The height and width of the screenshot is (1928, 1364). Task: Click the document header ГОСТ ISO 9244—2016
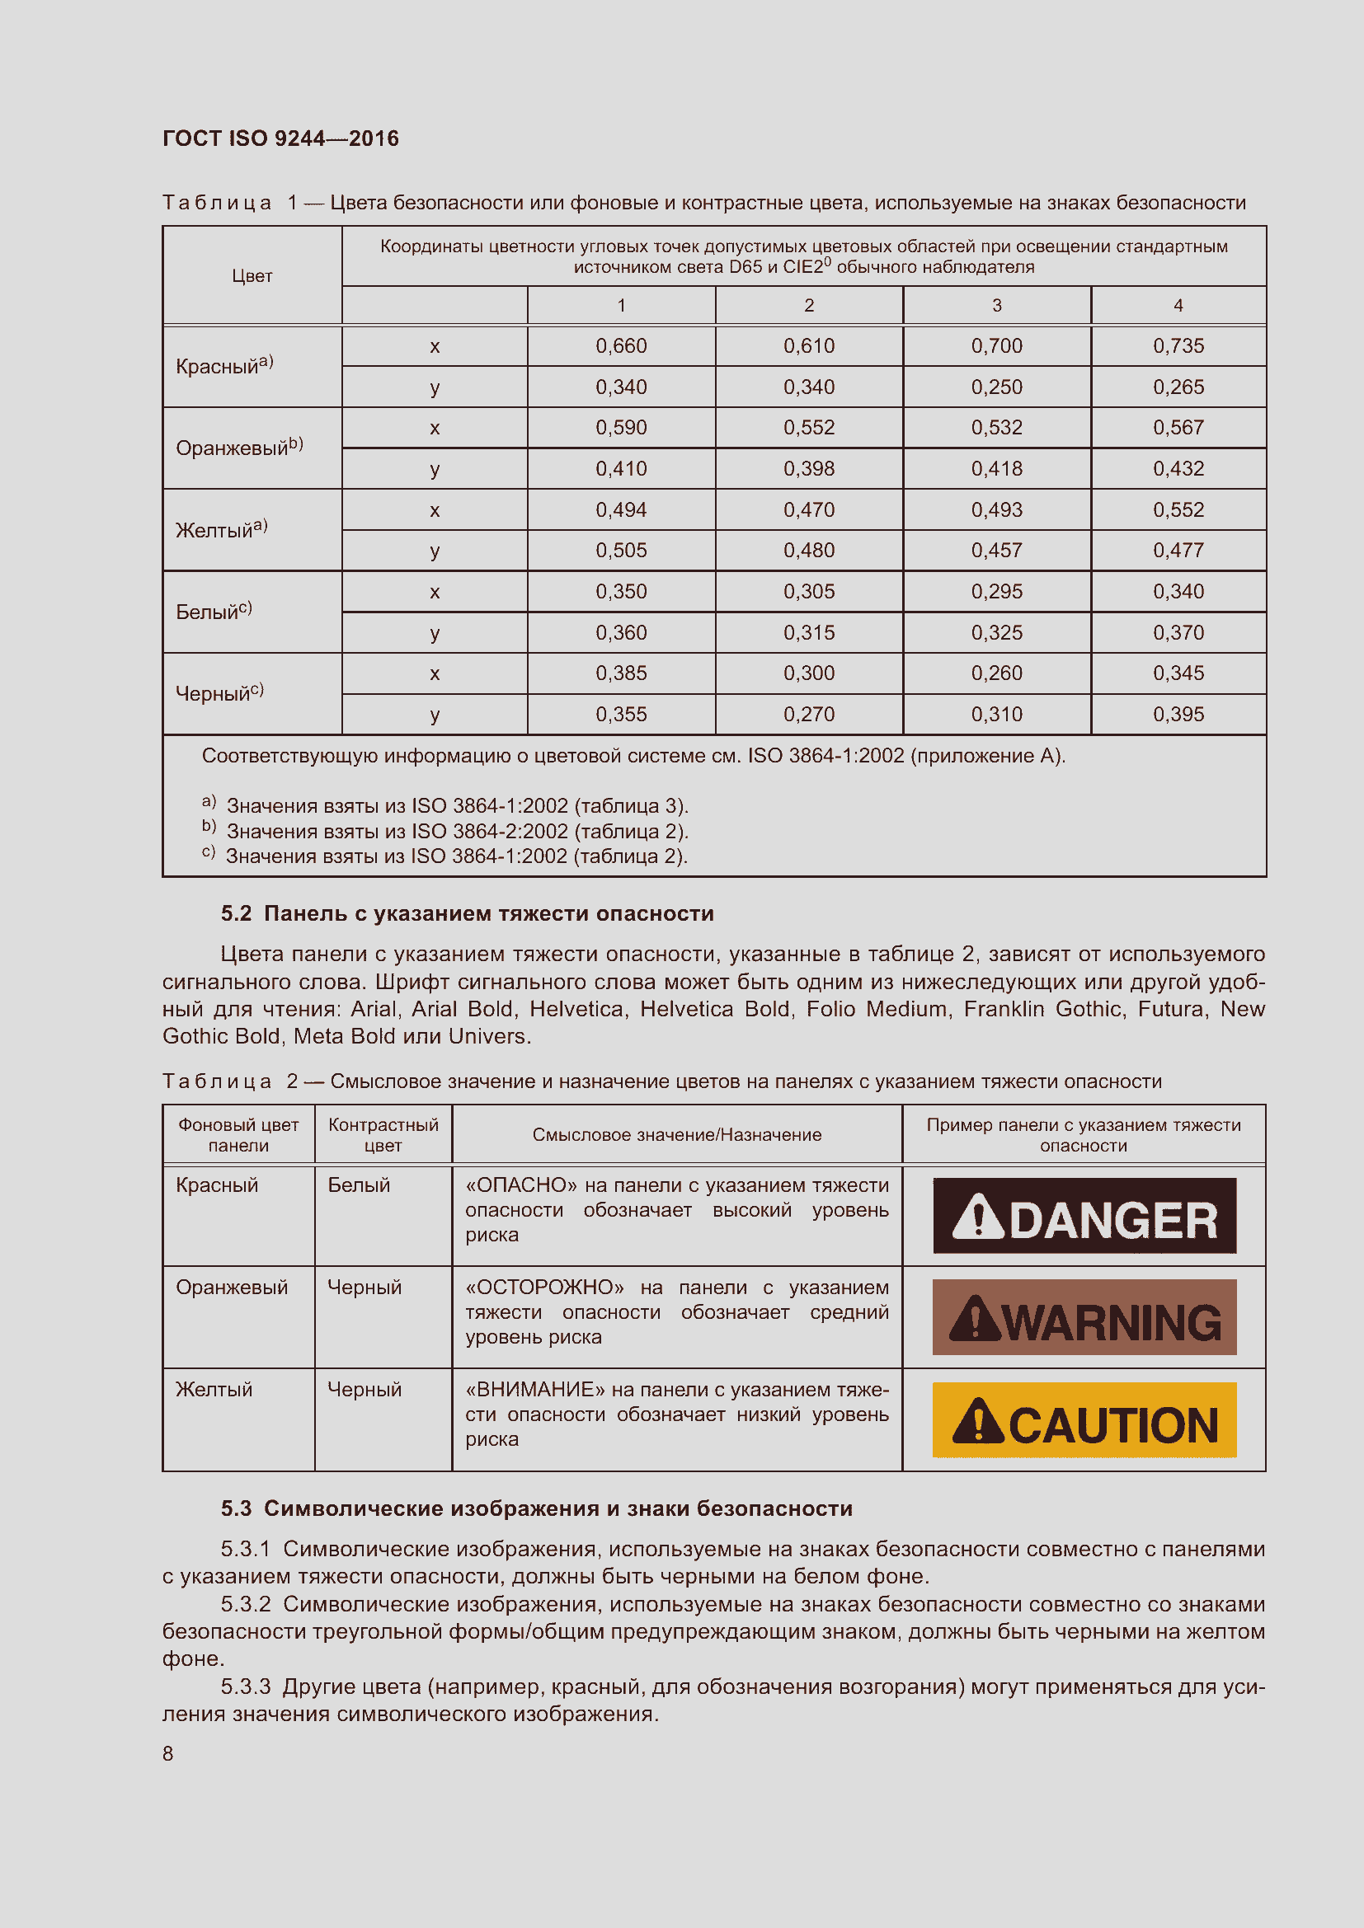(280, 138)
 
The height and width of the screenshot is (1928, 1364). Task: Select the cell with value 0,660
(621, 346)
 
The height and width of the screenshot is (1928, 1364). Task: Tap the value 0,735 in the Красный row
(1178, 346)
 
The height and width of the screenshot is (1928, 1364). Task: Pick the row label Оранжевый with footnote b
(238, 448)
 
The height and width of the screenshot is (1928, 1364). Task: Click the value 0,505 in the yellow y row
(621, 551)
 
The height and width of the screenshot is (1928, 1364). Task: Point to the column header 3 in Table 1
(996, 306)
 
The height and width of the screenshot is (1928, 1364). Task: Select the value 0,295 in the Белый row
(996, 592)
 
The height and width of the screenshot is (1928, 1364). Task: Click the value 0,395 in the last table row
(1178, 715)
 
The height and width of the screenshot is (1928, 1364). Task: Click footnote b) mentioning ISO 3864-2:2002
(445, 832)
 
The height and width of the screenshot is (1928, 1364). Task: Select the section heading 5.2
(467, 913)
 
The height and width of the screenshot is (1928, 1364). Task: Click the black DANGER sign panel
(1084, 1216)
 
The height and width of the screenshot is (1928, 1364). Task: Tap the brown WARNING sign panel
(1084, 1317)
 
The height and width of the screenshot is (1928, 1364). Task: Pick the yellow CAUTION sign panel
(1084, 1420)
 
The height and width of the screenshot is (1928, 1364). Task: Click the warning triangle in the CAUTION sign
(978, 1421)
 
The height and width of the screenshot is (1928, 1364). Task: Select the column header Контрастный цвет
(383, 1134)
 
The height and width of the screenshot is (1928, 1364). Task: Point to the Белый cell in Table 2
(359, 1185)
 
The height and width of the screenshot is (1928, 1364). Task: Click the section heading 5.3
(536, 1509)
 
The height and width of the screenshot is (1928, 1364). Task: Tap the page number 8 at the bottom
(168, 1753)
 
